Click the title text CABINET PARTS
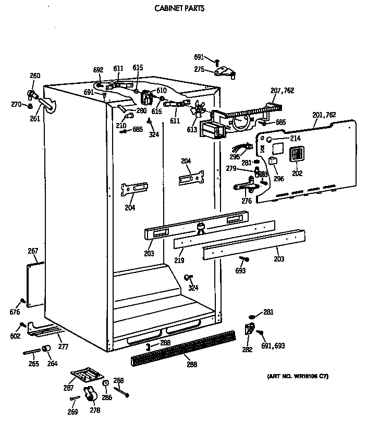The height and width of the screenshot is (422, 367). click(180, 8)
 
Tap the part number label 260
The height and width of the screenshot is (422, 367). click(34, 76)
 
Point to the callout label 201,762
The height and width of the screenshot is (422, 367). click(324, 115)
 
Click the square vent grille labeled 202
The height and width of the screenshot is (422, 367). click(296, 155)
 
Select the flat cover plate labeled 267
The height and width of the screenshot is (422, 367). click(35, 284)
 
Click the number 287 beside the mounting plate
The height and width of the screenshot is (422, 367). click(68, 388)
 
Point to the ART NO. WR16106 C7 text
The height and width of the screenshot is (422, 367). click(298, 376)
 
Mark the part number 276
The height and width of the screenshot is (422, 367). click(247, 201)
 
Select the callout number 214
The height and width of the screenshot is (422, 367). click(280, 139)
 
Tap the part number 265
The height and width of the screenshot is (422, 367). click(33, 364)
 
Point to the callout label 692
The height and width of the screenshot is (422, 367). click(98, 70)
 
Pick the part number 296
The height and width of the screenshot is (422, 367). click(279, 178)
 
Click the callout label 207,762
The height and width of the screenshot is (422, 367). click(282, 91)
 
